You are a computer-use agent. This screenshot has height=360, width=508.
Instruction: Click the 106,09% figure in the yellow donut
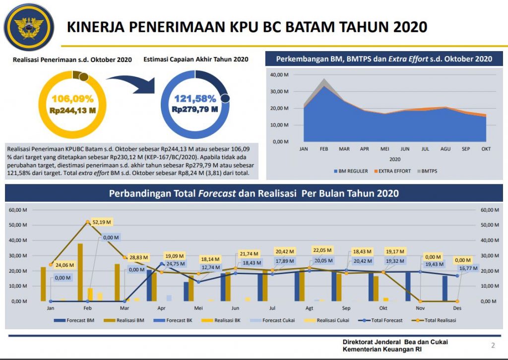tap(72, 98)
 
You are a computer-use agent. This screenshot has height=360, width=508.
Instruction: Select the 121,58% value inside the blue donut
tap(195, 98)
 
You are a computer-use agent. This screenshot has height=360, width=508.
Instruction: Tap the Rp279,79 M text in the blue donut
tap(195, 109)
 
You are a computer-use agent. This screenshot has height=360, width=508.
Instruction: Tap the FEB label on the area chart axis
tap(324, 148)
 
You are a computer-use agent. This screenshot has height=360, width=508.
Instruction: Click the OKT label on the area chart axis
tap(486, 148)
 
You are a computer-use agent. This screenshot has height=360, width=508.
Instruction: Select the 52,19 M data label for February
tap(102, 221)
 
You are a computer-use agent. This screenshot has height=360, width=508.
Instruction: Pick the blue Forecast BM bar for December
tap(444, 288)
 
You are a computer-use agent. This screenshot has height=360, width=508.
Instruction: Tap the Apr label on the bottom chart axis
tap(161, 308)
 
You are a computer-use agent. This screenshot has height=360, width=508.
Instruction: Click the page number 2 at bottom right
tap(493, 346)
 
